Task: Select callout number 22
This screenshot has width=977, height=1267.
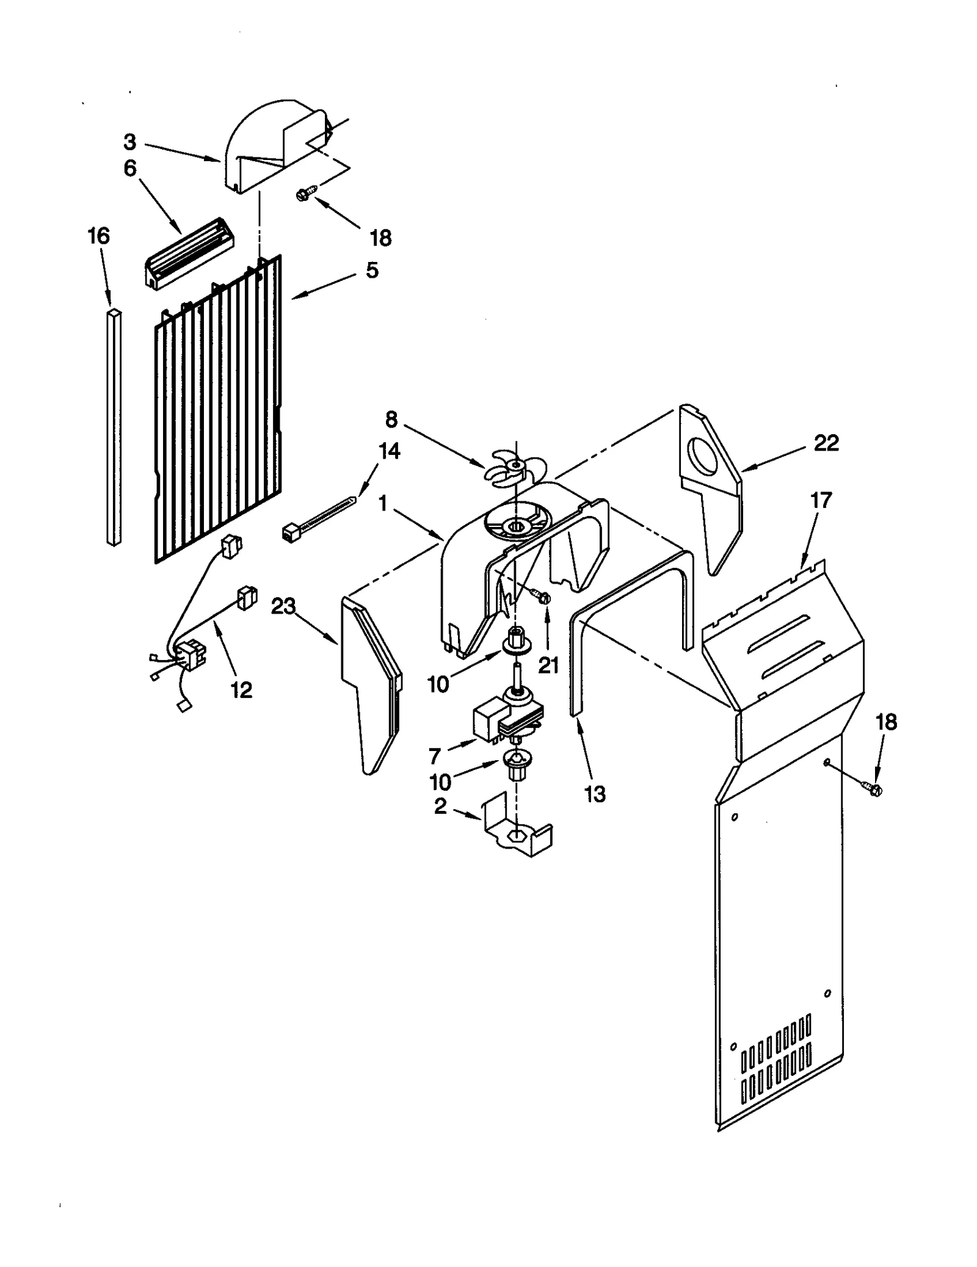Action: tap(826, 443)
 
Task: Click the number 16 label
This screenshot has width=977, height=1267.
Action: tap(99, 236)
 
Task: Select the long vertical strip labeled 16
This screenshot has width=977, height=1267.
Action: tap(114, 427)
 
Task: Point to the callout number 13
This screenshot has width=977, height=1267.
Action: tap(594, 794)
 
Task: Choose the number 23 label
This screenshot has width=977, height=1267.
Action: tap(283, 606)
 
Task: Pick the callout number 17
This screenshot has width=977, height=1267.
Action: tap(821, 501)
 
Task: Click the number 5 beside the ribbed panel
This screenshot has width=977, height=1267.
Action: tap(372, 270)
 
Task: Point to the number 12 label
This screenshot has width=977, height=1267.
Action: tap(241, 690)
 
